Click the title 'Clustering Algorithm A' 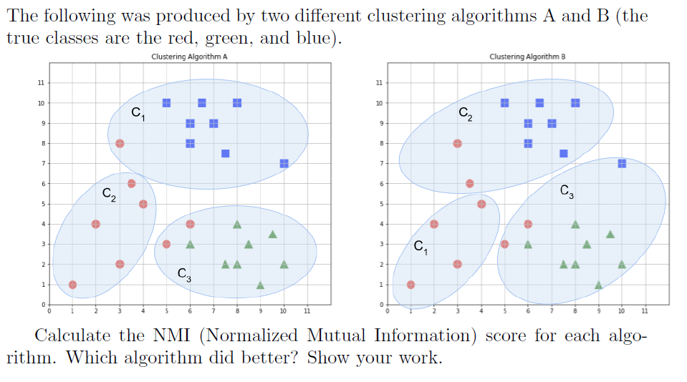coord(190,57)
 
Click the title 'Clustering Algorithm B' coord(528,57)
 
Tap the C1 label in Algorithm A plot coord(138,113)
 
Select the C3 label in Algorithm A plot coord(184,273)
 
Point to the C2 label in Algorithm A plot coord(108,193)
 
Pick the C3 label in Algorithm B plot coord(567,191)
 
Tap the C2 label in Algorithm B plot coord(466,112)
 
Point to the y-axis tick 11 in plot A coord(40,83)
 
